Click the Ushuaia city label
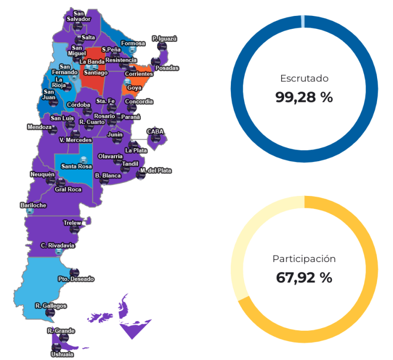pyautogui.click(x=62, y=355)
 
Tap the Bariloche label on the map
pyautogui.click(x=33, y=205)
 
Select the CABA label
pyautogui.click(x=155, y=132)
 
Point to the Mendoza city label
pyautogui.click(x=39, y=127)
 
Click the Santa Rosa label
pyautogui.click(x=76, y=167)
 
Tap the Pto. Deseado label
pyautogui.click(x=76, y=279)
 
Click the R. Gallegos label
pyautogui.click(x=51, y=305)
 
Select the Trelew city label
pyautogui.click(x=72, y=223)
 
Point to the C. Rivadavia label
pyautogui.click(x=58, y=245)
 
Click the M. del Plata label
pyautogui.click(x=156, y=171)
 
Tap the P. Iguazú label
pyautogui.click(x=165, y=38)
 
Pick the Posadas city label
pyautogui.click(x=167, y=68)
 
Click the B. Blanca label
pyautogui.click(x=107, y=176)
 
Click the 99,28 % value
pyautogui.click(x=304, y=97)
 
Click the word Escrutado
pyautogui.click(x=304, y=78)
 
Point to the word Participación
pyautogui.click(x=304, y=259)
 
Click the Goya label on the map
pyautogui.click(x=134, y=88)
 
